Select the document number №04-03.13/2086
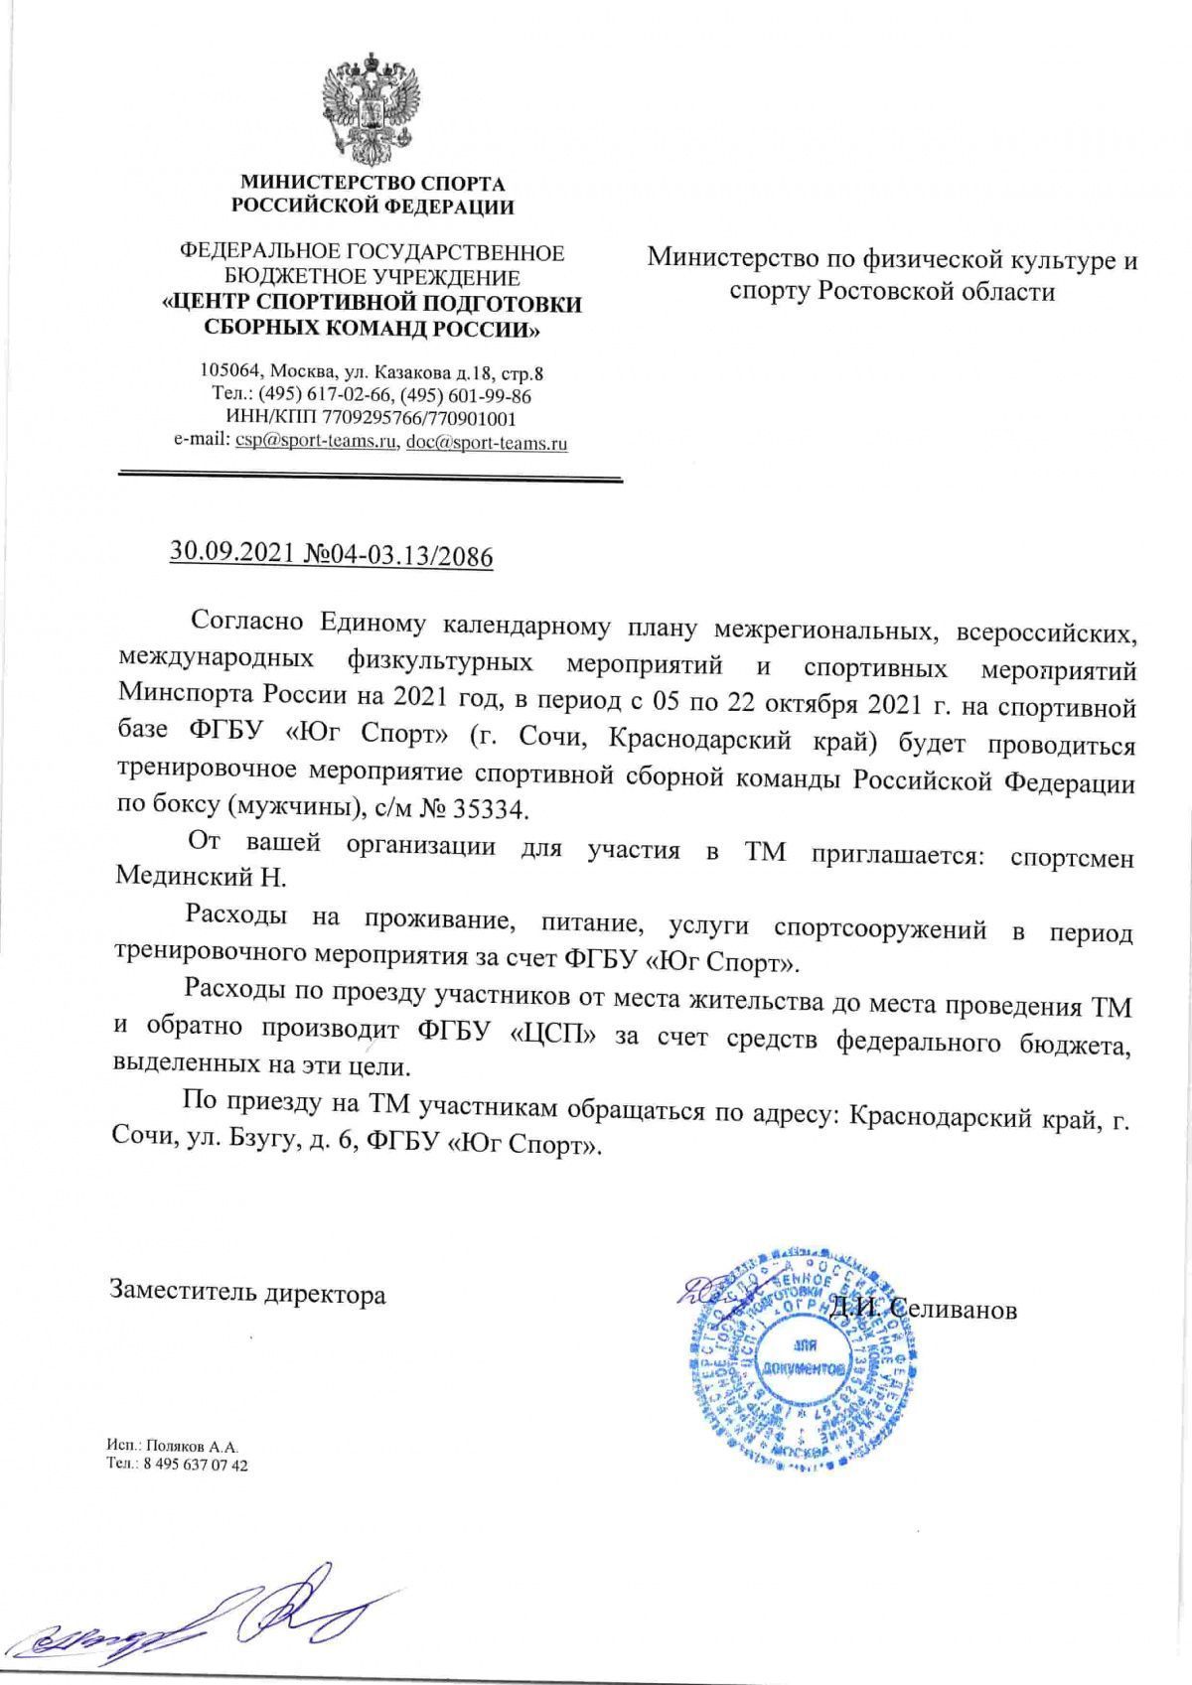[399, 555]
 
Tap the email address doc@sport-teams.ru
[487, 443]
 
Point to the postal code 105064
[230, 373]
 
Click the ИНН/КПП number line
[372, 419]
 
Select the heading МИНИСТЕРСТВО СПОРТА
[372, 184]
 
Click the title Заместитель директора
[247, 1295]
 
